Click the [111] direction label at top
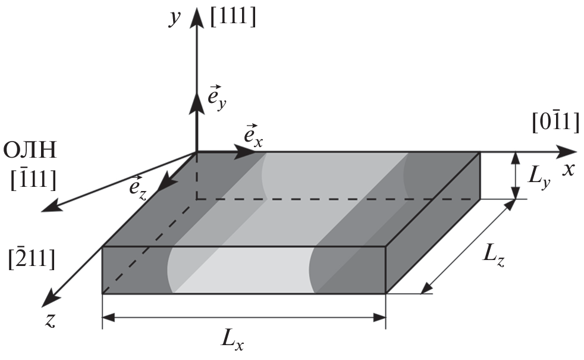[233, 17]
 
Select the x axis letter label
[569, 170]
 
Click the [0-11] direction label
[555, 121]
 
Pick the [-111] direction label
[33, 179]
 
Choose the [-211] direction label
[32, 258]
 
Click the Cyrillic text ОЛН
[30, 151]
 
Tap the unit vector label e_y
[216, 98]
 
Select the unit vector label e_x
[253, 135]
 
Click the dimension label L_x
[232, 340]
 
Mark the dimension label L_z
[494, 256]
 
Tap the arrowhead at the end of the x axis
[566, 152]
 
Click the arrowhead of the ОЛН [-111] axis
[51, 206]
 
